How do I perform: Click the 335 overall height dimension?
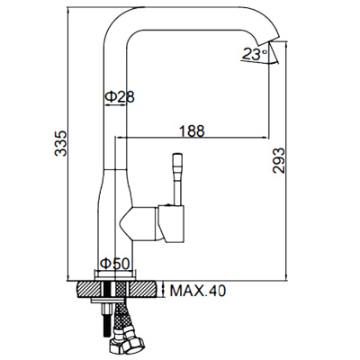click(60, 144)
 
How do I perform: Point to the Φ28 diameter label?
click(120, 95)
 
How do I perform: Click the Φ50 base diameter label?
click(116, 263)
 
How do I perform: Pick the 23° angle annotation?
click(255, 56)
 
